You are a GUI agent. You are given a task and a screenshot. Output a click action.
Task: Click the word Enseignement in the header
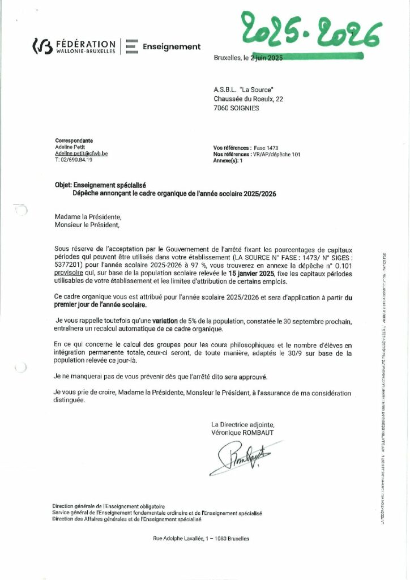click(x=170, y=46)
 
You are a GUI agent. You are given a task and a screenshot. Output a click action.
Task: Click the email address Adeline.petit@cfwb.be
click(x=82, y=153)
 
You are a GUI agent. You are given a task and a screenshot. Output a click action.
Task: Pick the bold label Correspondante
click(x=74, y=140)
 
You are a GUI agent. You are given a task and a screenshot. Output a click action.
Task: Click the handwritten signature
click(x=241, y=457)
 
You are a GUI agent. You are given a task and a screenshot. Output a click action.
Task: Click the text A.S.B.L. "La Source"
click(x=244, y=89)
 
